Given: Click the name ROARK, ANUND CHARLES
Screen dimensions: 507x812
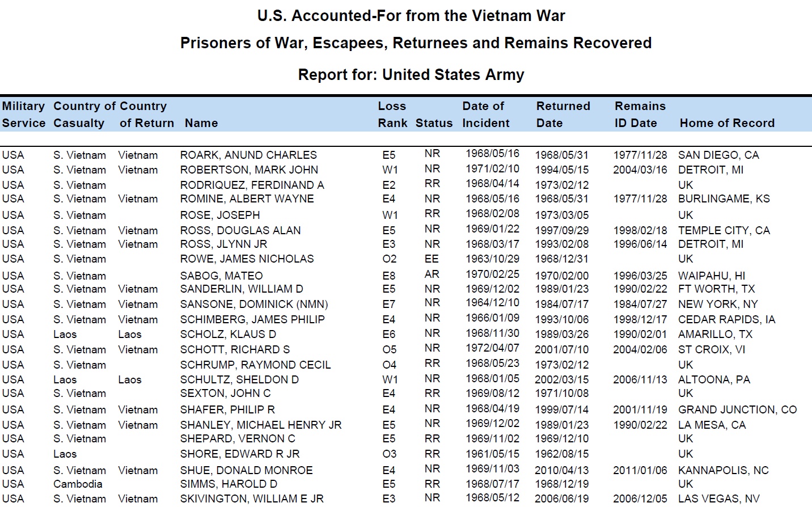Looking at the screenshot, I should tap(248, 155).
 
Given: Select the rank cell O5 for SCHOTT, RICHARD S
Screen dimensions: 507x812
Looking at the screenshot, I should tap(389, 349).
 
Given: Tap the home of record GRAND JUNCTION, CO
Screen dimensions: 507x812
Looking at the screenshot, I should tap(737, 409).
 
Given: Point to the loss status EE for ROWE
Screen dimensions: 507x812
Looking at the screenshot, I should tap(432, 259).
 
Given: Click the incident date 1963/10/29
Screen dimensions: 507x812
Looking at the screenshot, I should tap(492, 259).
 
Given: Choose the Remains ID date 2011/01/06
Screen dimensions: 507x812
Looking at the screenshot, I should tap(640, 470).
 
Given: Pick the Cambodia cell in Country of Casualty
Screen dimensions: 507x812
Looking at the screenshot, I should tap(78, 484).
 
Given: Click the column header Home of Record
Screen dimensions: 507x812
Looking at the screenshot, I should tap(727, 123).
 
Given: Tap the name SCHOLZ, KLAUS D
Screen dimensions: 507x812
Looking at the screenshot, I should tap(228, 334).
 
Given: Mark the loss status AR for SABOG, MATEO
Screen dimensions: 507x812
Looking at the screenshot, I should tap(432, 274).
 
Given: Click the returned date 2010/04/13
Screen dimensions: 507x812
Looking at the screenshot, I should tap(561, 470).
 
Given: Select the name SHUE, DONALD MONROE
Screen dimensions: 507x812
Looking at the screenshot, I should tap(246, 470).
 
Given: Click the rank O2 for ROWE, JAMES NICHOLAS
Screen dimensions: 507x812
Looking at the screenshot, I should tap(389, 259).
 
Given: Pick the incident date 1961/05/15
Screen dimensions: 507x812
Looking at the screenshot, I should tap(492, 454).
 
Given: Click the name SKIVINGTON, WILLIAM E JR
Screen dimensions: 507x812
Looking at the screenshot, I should tap(252, 498).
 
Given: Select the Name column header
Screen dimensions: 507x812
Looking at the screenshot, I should tap(201, 123).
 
